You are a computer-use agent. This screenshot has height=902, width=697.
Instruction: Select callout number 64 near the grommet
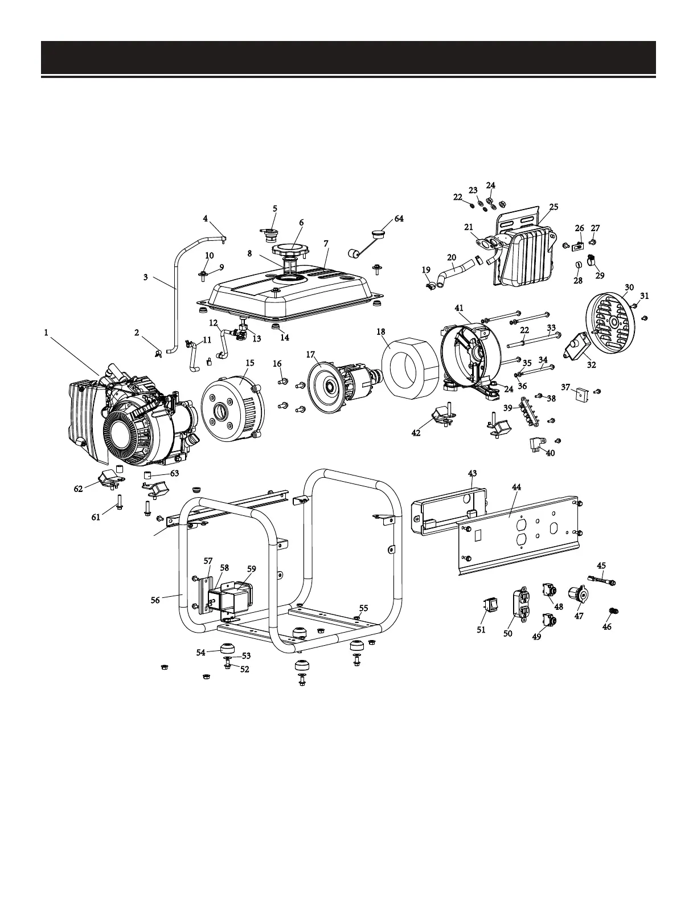(x=399, y=219)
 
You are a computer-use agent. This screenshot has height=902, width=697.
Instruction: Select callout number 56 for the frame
(x=155, y=600)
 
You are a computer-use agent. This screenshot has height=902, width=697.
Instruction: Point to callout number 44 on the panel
(x=516, y=487)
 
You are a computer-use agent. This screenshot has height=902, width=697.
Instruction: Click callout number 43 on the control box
(x=472, y=473)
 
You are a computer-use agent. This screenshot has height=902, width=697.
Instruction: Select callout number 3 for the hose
(x=146, y=277)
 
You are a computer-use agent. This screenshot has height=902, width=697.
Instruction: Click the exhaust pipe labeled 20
(x=454, y=270)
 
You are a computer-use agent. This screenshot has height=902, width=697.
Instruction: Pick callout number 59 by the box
(x=252, y=568)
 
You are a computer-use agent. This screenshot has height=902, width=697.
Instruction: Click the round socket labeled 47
(x=581, y=596)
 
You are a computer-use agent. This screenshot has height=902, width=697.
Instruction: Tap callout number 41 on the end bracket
(x=459, y=307)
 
